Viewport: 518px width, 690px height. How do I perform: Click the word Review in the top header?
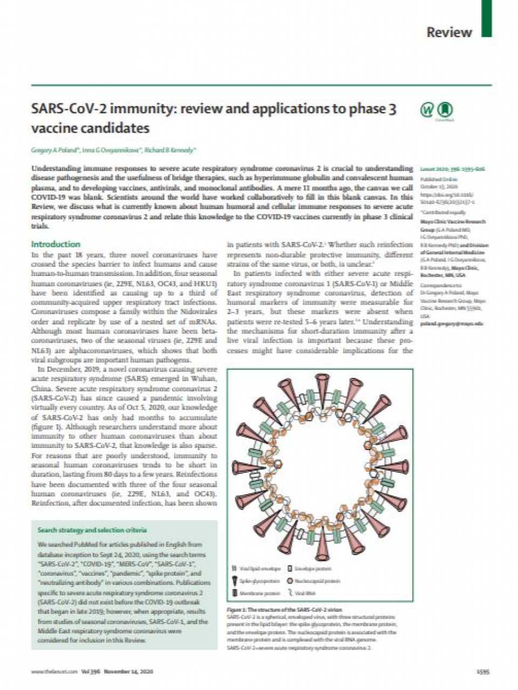[x=449, y=32]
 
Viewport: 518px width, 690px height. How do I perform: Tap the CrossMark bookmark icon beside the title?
[x=445, y=110]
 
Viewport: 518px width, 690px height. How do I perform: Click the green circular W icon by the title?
[x=427, y=110]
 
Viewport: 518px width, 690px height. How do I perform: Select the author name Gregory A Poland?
[x=57, y=150]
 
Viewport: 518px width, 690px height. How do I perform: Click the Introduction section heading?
[x=56, y=244]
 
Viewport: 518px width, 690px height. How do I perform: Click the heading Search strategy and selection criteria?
[x=92, y=530]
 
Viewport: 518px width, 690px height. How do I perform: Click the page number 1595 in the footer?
[x=483, y=672]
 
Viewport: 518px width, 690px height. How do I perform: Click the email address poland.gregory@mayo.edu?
[x=452, y=323]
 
